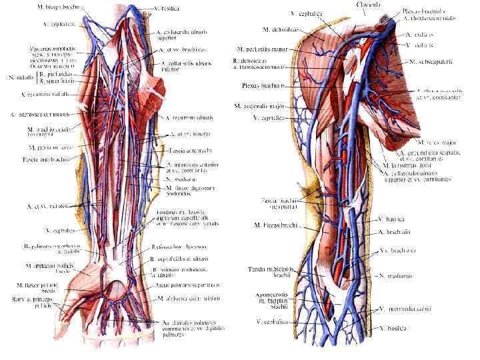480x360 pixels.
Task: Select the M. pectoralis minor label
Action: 265,49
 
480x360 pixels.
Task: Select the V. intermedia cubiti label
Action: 406,309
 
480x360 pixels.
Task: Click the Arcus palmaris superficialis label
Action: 186,285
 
